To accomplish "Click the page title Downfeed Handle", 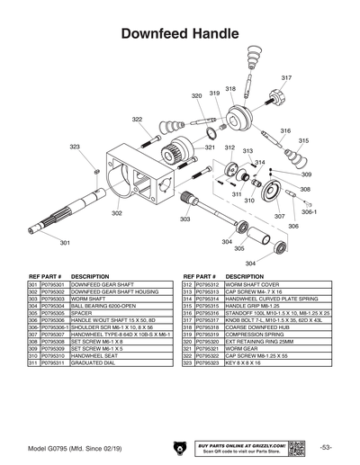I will coord(179,34).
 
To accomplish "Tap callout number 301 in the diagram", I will coord(64,243).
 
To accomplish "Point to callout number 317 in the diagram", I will coord(286,78).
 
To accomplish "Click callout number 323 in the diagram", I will coord(75,147).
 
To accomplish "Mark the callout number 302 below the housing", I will coord(117,213).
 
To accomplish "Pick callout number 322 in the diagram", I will coord(137,119).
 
